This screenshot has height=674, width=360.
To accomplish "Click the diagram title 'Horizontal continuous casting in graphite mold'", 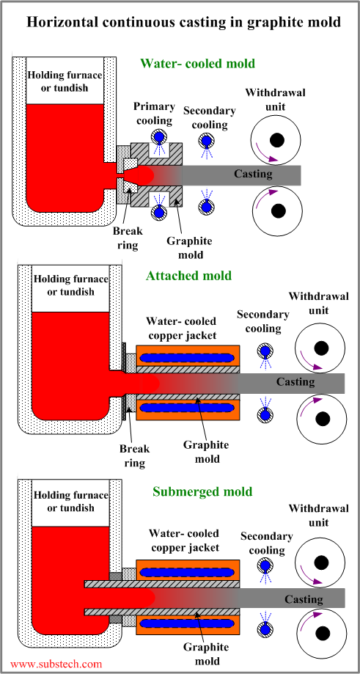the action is tap(184, 22).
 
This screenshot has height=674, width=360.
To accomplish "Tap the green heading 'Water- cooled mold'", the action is tap(198, 64).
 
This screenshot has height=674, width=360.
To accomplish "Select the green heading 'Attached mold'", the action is tap(188, 276).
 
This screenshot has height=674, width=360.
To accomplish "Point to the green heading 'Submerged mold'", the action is tap(202, 491).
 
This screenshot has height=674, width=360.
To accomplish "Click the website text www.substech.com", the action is tap(56, 664).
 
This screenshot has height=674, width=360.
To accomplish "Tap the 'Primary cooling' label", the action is tap(154, 114).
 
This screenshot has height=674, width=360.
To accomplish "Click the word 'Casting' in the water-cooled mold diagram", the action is tap(253, 174).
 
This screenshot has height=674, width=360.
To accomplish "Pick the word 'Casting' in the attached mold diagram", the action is tap(295, 381).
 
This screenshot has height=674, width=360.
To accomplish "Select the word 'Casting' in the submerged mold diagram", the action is tap(304, 599).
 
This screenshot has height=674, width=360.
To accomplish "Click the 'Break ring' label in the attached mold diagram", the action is tap(134, 456).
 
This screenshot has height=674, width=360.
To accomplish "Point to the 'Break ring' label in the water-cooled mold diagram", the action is tap(128, 238).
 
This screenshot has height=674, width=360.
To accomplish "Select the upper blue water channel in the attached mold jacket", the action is tap(188, 356).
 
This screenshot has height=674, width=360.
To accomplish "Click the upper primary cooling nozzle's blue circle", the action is tap(159, 137).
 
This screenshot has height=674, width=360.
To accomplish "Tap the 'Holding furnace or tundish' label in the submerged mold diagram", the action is tap(71, 501).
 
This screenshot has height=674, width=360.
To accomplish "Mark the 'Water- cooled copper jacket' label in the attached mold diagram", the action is tap(181, 328).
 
